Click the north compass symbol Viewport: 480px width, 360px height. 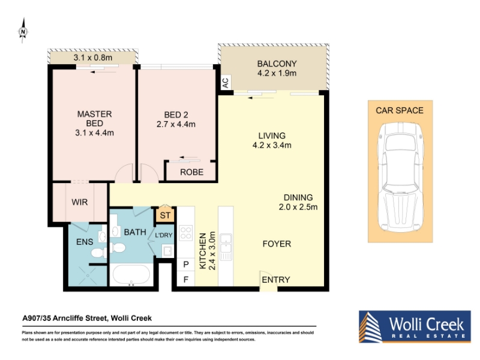[23, 31]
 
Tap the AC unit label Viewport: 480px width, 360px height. [226, 83]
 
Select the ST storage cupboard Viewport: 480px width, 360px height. [165, 215]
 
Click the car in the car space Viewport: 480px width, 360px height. [400, 177]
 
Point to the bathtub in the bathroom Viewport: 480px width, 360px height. [131, 275]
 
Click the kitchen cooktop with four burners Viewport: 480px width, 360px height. [186, 232]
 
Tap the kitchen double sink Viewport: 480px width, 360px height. [226, 247]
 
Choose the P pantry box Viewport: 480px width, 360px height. [186, 265]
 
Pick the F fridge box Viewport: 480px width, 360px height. [186, 280]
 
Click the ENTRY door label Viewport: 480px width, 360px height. [276, 280]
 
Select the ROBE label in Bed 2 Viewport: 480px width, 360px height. [191, 172]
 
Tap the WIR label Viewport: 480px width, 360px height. [80, 202]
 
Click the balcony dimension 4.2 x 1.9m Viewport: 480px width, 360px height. [277, 73]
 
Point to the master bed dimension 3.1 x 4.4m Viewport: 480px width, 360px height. [94, 133]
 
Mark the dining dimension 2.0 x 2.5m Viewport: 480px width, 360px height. [298, 207]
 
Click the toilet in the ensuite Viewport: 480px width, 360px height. [98, 253]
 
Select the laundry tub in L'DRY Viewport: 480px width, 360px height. [168, 251]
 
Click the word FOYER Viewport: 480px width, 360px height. [277, 244]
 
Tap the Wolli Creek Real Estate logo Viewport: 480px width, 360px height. [415, 326]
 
